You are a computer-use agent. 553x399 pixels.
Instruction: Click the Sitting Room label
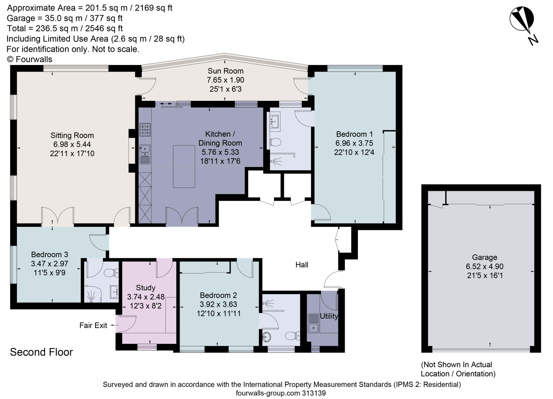point(72,135)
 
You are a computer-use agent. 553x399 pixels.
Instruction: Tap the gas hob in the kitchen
point(145,130)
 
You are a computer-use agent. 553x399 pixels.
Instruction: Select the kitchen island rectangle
point(184,166)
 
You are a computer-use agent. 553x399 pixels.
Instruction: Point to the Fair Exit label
point(93,325)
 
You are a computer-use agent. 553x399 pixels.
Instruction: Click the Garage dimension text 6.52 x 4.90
point(484,266)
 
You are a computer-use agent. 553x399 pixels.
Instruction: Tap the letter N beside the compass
point(533,40)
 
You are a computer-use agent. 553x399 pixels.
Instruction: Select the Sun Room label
point(225,71)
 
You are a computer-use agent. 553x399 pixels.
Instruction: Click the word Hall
point(302,265)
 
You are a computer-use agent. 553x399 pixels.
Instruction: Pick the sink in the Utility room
point(313,323)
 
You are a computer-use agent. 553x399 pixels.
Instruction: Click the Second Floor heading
point(41,352)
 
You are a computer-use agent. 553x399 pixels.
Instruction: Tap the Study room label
point(146,287)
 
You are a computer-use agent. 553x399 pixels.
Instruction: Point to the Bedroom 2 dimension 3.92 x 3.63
point(218,304)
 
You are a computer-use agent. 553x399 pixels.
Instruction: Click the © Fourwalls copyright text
point(29,59)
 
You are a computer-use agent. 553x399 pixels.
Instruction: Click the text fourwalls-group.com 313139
point(281,393)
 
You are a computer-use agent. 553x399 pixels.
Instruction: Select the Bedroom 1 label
point(354,134)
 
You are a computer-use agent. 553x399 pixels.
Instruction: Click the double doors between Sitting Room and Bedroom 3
point(58,216)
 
